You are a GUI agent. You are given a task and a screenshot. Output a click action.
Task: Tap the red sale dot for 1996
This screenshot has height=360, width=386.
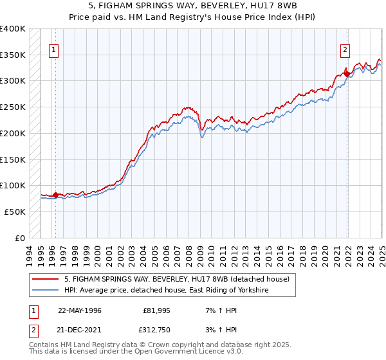coord(55,195)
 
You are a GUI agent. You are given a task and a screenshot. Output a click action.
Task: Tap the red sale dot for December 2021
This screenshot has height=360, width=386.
coord(347,74)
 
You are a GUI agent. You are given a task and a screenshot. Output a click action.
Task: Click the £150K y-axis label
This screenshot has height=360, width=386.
coord(13,159)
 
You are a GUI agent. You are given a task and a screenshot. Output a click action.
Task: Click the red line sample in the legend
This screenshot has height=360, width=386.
coord(46,279)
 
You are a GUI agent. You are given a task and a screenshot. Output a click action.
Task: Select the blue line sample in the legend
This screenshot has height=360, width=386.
coord(46,291)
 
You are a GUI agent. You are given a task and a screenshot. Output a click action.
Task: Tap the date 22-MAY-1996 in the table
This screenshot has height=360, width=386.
coord(80,310)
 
